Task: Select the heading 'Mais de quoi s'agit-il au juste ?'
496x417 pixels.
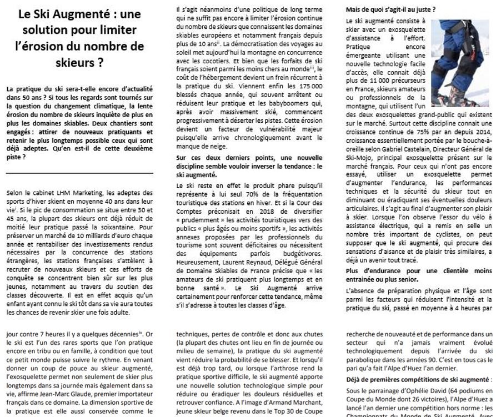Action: [x=390, y=9]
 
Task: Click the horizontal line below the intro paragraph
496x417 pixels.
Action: [x=80, y=173]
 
